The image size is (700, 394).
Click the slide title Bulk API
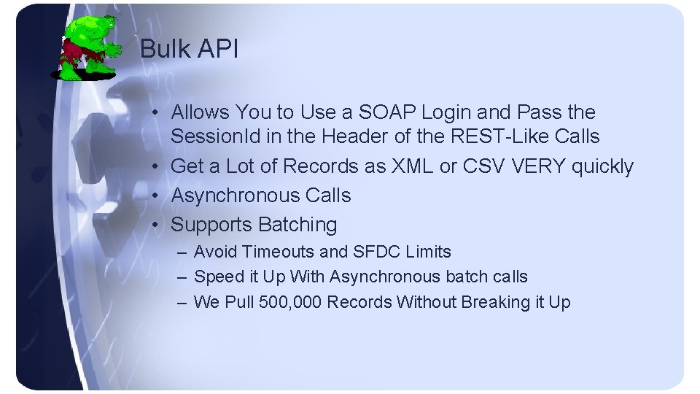point(188,49)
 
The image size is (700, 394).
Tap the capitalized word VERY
point(540,166)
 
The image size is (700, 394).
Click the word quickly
point(603,166)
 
